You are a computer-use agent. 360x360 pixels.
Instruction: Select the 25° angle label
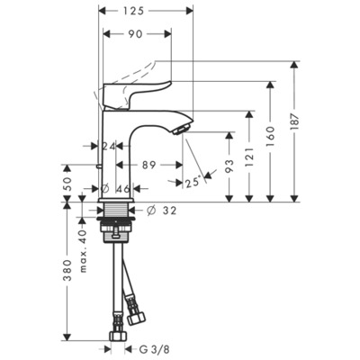click(190, 183)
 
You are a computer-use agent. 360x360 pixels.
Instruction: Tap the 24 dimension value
click(110, 145)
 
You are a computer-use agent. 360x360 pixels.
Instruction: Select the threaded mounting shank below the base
click(117, 220)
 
